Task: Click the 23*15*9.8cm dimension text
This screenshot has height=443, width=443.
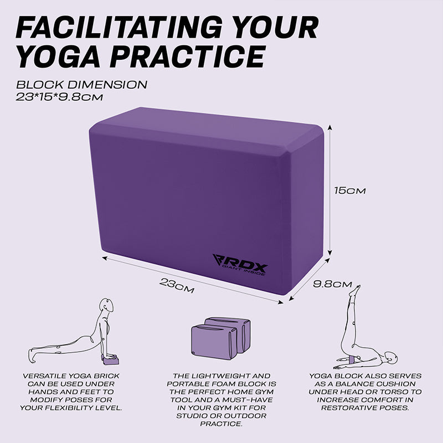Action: pyautogui.click(x=59, y=97)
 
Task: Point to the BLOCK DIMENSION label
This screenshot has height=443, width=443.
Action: pyautogui.click(x=81, y=85)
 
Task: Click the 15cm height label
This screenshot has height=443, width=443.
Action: pyautogui.click(x=350, y=190)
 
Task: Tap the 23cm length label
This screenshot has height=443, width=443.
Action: pyautogui.click(x=177, y=285)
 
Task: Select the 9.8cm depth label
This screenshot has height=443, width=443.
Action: pyautogui.click(x=332, y=284)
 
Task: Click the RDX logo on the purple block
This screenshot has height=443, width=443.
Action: pyautogui.click(x=240, y=265)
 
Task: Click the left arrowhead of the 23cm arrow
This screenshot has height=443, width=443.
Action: pyautogui.click(x=104, y=257)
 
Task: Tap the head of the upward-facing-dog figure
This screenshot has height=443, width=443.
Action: pyautogui.click(x=107, y=305)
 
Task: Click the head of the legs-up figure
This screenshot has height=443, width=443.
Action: pyautogui.click(x=391, y=358)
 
